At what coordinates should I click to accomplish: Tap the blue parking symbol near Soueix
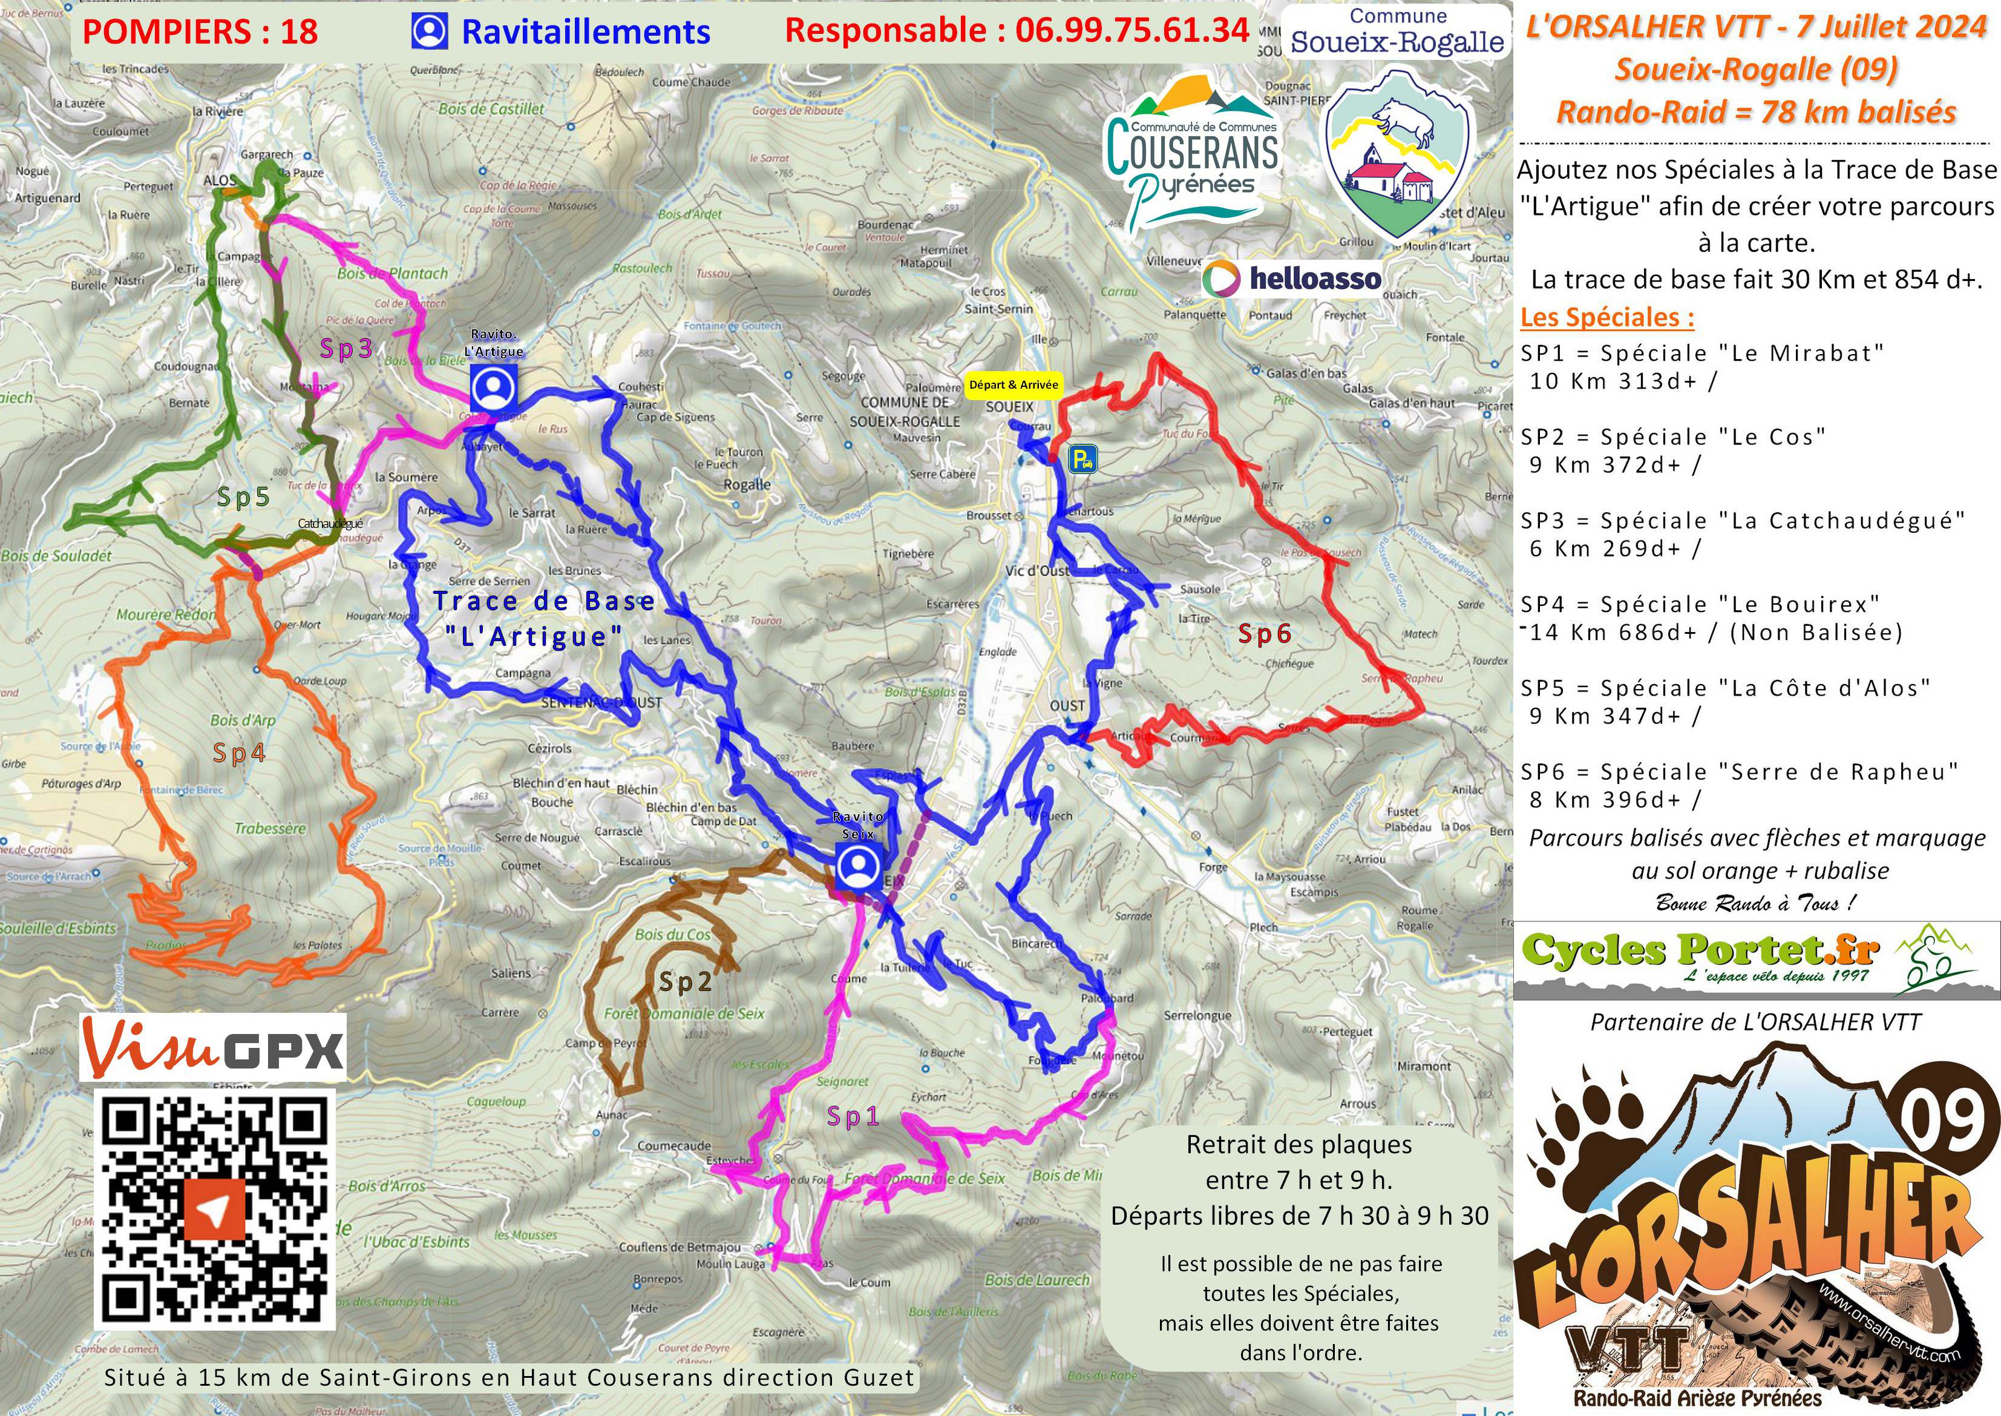pyautogui.click(x=1083, y=459)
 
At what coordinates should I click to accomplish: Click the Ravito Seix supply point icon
pyautogui.click(x=859, y=866)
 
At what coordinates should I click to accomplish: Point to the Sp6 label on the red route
pyautogui.click(x=1263, y=634)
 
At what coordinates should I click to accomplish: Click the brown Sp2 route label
pyautogui.click(x=686, y=982)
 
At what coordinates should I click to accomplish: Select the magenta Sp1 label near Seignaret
pyautogui.click(x=853, y=1117)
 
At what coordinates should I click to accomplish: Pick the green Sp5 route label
pyautogui.click(x=243, y=497)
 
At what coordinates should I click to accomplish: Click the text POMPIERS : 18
pyautogui.click(x=200, y=32)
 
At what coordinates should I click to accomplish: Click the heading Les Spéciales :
pyautogui.click(x=1607, y=317)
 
